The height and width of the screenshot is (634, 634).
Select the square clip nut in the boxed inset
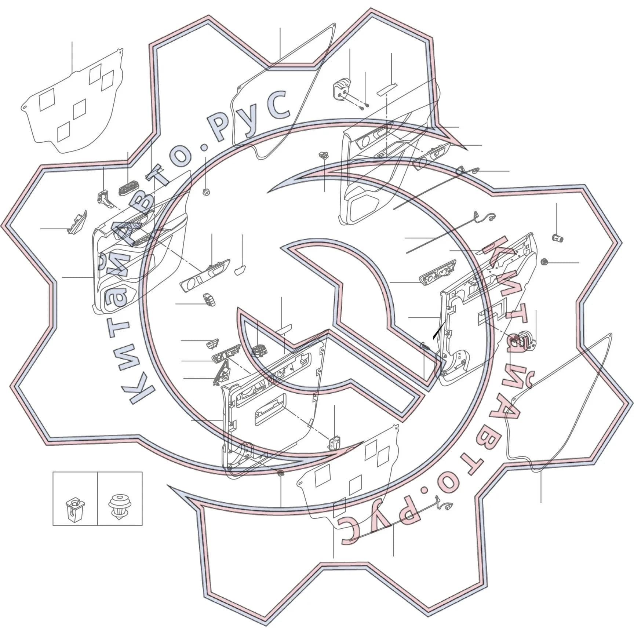pyautogui.click(x=75, y=509)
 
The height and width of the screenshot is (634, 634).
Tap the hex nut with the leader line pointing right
pyautogui.click(x=544, y=262)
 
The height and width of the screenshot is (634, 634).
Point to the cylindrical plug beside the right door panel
pyautogui.click(x=557, y=238)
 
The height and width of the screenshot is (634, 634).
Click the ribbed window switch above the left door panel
pyautogui.click(x=129, y=187)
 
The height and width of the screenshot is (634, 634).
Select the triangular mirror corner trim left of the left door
pyautogui.click(x=77, y=222)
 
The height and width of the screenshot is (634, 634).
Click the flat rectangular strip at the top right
pyautogui.click(x=387, y=89)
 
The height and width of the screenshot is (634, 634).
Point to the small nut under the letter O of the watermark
pyautogui.click(x=206, y=191)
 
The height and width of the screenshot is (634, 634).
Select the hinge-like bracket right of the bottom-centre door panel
pyautogui.click(x=333, y=443)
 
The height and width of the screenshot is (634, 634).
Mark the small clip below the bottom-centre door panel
pyautogui.click(x=281, y=472)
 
